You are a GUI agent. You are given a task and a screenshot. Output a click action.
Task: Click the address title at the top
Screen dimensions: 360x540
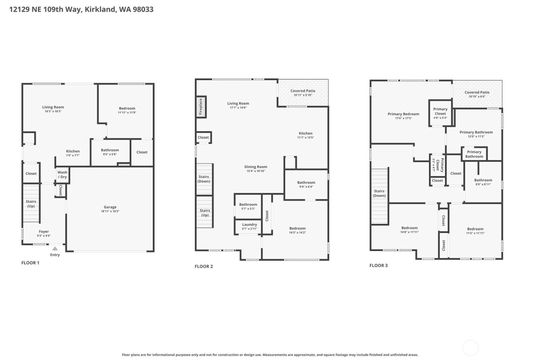(x=81, y=9)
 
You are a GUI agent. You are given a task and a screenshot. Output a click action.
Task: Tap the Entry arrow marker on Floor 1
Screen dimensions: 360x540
(x=55, y=249)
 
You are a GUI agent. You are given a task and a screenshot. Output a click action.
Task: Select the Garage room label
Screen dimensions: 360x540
(x=110, y=209)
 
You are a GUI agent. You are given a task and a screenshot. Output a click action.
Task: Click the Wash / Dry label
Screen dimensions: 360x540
(x=62, y=175)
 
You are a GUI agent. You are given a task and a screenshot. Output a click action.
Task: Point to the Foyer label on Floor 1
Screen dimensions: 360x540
(x=44, y=233)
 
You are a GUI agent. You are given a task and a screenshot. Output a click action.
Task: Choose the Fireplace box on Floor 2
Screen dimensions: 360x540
(x=201, y=107)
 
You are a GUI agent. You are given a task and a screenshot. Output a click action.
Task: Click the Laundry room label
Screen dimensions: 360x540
(x=249, y=226)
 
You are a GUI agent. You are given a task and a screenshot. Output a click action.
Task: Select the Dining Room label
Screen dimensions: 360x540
(x=255, y=169)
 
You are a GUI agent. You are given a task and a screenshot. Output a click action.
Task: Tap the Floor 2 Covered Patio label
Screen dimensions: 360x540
(x=303, y=93)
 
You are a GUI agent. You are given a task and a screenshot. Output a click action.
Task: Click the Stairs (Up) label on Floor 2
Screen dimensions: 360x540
(x=205, y=213)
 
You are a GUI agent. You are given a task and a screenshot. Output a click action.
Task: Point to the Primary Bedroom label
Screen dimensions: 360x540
(x=403, y=116)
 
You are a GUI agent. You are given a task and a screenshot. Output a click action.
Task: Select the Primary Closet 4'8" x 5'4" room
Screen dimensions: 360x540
(x=440, y=113)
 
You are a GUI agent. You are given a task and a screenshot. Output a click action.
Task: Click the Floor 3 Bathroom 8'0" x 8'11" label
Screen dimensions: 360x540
(x=483, y=182)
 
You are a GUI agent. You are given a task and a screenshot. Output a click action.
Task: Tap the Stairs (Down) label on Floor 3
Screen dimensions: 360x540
(x=379, y=193)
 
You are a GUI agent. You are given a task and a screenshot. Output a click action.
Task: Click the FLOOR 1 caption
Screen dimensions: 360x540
(x=30, y=263)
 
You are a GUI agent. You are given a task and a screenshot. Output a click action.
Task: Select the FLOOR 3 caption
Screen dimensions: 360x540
(x=378, y=265)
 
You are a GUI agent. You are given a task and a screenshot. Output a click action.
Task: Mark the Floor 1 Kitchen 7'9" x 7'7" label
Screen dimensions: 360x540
(x=73, y=153)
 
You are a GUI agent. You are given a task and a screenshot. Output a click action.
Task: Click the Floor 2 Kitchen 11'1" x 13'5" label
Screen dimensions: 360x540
(x=305, y=135)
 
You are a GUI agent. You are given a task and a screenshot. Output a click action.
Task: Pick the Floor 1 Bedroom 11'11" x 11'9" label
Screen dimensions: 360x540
(x=127, y=110)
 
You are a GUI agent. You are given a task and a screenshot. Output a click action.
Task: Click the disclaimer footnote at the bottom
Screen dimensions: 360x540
(x=270, y=355)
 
